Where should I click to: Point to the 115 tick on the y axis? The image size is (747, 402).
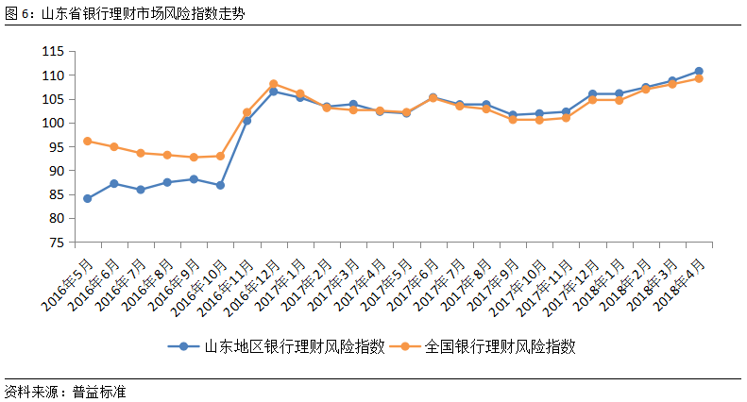click(51, 51)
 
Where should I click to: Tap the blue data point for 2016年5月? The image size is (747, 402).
click(88, 198)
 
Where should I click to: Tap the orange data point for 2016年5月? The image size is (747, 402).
click(88, 142)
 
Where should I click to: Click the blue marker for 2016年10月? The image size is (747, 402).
click(220, 185)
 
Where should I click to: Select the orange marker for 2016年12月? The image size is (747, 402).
click(273, 84)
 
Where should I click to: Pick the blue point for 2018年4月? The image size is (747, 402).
click(698, 71)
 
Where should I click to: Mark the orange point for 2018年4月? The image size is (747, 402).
click(698, 78)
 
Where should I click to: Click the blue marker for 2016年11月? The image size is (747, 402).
click(246, 121)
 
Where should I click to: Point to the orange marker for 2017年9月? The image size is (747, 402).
click(513, 120)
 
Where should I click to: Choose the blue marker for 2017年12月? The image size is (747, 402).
click(592, 94)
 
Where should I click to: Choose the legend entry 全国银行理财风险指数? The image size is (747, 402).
click(501, 346)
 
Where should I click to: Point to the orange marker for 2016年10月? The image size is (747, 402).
click(220, 156)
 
